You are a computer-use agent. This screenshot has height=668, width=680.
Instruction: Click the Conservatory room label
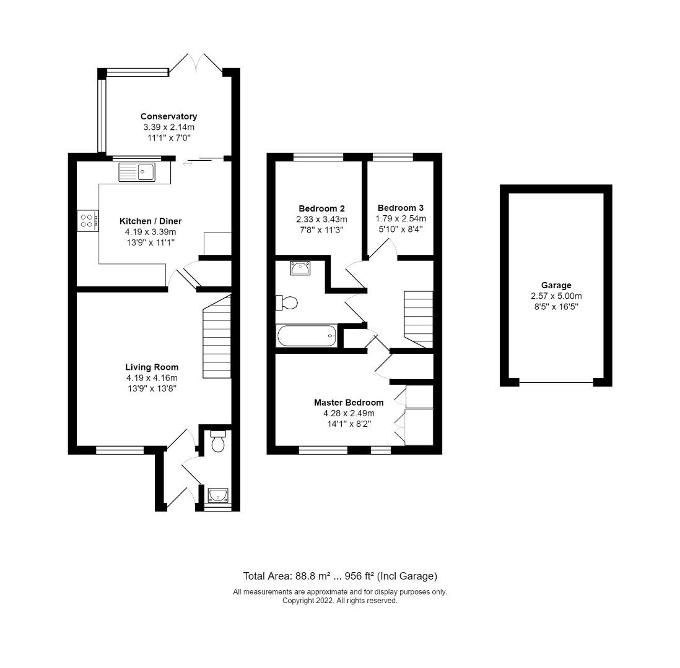168,116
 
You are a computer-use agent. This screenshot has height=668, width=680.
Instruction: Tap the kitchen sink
137,172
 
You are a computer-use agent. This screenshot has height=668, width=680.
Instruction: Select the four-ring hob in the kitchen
88,221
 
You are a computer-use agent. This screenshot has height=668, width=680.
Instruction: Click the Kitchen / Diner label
150,221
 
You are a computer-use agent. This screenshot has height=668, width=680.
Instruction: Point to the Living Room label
152,367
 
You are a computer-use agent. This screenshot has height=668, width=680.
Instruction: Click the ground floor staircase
217,336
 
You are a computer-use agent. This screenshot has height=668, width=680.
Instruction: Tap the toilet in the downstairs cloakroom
217,441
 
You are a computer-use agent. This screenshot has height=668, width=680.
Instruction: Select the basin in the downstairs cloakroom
218,495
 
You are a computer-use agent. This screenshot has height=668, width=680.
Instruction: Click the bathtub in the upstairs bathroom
307,336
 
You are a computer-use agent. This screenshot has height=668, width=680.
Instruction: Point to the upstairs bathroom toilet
287,302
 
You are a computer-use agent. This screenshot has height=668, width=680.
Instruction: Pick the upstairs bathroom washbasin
300,268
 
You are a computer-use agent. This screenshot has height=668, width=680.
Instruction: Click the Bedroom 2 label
322,208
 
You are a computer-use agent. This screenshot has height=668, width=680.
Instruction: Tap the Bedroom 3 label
401,207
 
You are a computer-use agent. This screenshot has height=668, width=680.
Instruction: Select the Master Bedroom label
349,403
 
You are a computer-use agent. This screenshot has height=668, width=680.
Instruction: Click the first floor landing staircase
419,319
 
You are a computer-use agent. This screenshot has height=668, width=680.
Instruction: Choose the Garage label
556,285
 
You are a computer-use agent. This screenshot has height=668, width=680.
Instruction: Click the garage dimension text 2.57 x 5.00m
556,296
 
